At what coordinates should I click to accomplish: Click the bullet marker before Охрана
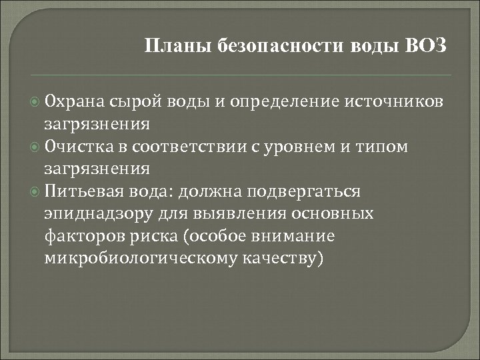coord(34,101)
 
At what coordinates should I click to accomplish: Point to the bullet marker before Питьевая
coord(34,192)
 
